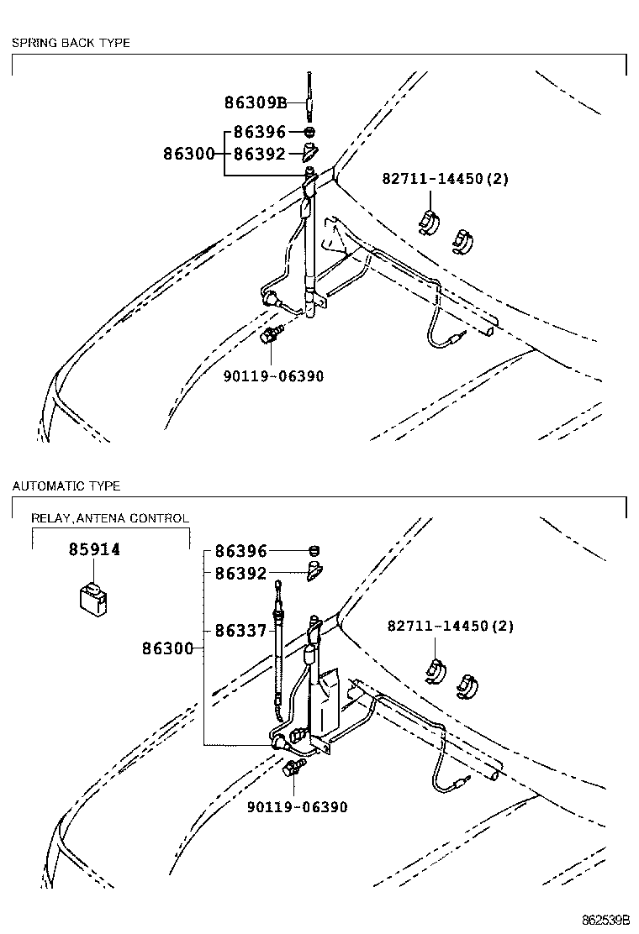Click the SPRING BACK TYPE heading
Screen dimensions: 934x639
(x=71, y=43)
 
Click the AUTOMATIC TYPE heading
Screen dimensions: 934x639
(x=66, y=486)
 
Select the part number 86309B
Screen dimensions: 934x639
(x=256, y=103)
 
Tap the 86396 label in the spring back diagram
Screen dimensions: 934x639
(x=260, y=133)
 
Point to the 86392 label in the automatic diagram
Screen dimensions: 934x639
(x=240, y=574)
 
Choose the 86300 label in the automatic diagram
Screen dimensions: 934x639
(x=167, y=648)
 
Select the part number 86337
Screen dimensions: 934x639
(x=240, y=631)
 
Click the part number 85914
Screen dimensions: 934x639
(x=94, y=549)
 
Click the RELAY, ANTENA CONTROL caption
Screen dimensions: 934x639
(x=110, y=518)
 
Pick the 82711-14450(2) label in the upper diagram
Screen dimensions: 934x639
(x=446, y=179)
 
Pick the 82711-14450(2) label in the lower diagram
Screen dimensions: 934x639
(x=450, y=627)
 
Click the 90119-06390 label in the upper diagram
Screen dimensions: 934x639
(x=273, y=376)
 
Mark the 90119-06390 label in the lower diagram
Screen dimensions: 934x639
(x=297, y=807)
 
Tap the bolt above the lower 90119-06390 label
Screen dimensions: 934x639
(x=294, y=768)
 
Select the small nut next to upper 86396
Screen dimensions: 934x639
(x=310, y=133)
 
